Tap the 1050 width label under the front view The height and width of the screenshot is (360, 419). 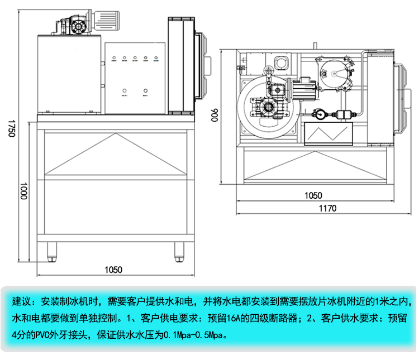(113, 270)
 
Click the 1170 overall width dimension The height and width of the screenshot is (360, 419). (328, 209)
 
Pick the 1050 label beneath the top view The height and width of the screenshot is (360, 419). (313, 195)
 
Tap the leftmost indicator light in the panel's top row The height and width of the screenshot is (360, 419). (113, 57)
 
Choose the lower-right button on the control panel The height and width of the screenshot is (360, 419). (145, 90)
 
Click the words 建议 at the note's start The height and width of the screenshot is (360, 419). (21, 302)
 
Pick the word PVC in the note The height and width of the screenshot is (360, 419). (42, 335)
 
